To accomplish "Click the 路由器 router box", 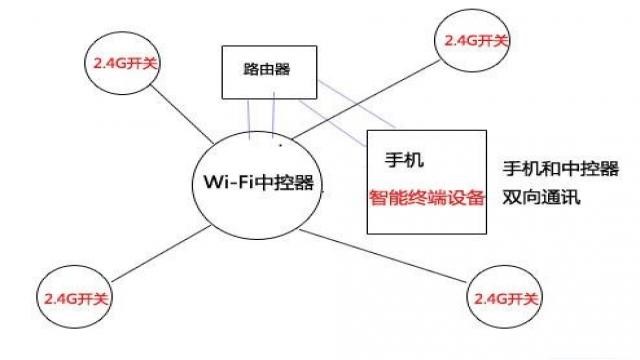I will pyautogui.click(x=268, y=71).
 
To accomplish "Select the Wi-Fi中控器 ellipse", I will pyautogui.click(x=258, y=182).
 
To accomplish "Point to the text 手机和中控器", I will pyautogui.click(x=560, y=168).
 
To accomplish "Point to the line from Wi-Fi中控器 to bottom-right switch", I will pyautogui.click(x=390, y=256).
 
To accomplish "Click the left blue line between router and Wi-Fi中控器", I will pyautogui.click(x=250, y=117).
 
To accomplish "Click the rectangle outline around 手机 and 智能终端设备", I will pyautogui.click(x=368, y=180).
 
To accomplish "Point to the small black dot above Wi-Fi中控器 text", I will pyautogui.click(x=281, y=145).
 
